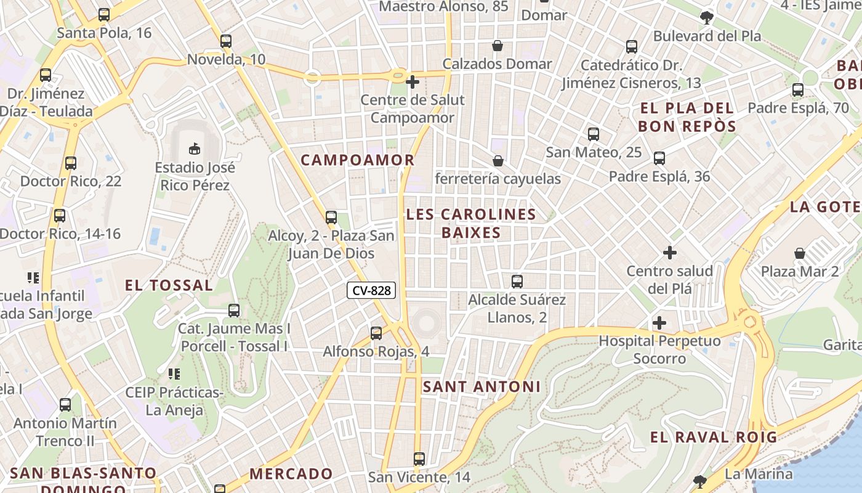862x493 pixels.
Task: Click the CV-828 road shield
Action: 371,290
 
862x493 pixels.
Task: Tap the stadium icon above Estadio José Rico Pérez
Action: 195,148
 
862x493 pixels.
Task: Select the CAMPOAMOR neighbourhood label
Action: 357,160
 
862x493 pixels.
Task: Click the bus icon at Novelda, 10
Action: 226,41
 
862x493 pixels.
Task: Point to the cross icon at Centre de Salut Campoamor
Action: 413,81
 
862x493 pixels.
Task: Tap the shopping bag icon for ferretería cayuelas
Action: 497,161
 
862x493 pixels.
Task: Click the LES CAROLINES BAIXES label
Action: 471,223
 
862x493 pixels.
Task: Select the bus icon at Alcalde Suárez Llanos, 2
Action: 517,282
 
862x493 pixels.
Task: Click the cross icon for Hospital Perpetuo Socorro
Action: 659,322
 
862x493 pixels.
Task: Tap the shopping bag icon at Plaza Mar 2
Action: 799,253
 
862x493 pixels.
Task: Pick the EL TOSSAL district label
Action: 169,285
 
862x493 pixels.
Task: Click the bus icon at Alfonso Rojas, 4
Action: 376,333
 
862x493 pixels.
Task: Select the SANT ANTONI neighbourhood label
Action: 481,387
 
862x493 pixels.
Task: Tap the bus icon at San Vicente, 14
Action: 419,459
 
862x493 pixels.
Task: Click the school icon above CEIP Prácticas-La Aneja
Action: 174,373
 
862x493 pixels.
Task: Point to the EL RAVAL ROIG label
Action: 713,438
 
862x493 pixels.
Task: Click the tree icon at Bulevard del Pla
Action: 707,17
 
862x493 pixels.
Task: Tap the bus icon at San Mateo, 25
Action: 594,134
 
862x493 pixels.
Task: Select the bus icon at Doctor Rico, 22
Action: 71,163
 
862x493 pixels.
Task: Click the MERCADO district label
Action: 291,474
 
